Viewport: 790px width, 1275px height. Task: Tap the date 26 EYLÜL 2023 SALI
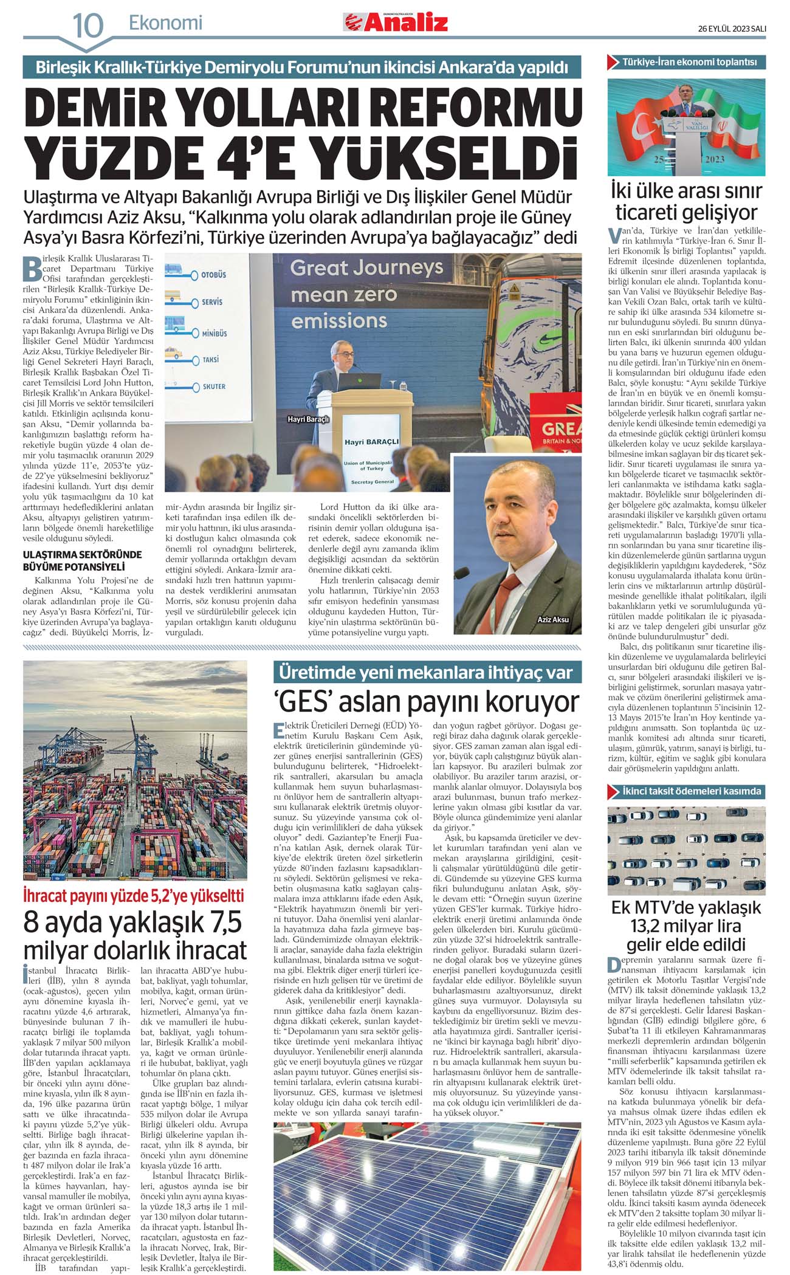point(732,29)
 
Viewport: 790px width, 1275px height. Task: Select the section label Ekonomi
point(165,23)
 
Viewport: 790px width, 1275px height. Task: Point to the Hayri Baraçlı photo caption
point(308,419)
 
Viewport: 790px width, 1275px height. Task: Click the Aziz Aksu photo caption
point(553,619)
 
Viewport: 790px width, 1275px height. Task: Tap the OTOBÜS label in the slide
point(213,275)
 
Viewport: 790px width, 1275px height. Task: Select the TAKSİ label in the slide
point(211,360)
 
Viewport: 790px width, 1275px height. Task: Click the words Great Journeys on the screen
point(366,267)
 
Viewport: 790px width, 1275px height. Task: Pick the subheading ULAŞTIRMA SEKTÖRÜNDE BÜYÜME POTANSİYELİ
point(82,560)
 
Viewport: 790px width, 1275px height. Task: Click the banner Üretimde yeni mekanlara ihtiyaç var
point(427,673)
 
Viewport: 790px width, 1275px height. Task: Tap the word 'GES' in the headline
point(303,702)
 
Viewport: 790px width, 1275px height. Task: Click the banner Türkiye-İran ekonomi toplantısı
point(689,62)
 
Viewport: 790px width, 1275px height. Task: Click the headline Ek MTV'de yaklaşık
point(686,907)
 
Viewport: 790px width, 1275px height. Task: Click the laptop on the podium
point(359,382)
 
